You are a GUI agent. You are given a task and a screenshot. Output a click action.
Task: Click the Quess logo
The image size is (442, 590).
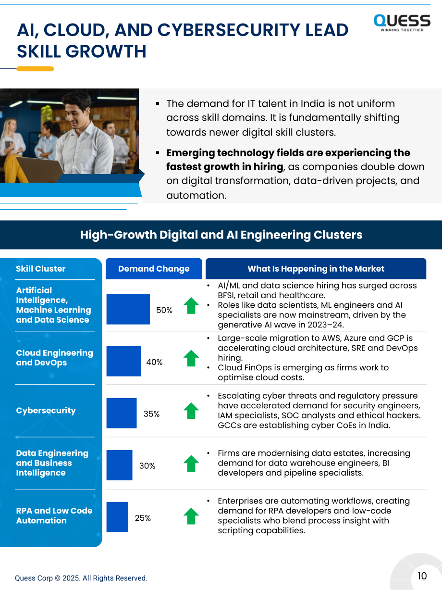pyautogui.click(x=402, y=23)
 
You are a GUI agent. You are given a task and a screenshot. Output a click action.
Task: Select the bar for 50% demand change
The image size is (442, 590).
pyautogui.click(x=128, y=309)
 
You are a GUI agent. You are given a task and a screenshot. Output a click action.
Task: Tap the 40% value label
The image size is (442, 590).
pyautogui.click(x=154, y=362)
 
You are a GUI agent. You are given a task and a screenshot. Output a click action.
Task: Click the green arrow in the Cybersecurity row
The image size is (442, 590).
pyautogui.click(x=191, y=411)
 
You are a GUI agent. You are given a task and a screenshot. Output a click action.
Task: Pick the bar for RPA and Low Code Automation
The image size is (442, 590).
pyautogui.click(x=117, y=517)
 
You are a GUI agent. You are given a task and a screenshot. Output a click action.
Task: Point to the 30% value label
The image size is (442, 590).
pyautogui.click(x=147, y=466)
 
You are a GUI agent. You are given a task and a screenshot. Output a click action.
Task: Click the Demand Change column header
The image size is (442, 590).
pyautogui.click(x=154, y=268)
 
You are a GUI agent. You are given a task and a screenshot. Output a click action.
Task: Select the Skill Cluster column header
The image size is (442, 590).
pyautogui.click(x=40, y=268)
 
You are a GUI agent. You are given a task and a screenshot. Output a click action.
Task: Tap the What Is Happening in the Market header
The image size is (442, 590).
pyautogui.click(x=316, y=268)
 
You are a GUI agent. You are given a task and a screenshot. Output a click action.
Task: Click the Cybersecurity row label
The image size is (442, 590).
pyautogui.click(x=46, y=411)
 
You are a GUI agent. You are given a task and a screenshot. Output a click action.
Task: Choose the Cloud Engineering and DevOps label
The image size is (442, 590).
pyautogui.click(x=54, y=357)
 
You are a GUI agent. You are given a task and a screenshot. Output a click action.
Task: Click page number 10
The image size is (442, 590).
pyautogui.click(x=422, y=576)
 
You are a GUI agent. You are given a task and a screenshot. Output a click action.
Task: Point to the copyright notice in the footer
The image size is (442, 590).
pyautogui.click(x=81, y=578)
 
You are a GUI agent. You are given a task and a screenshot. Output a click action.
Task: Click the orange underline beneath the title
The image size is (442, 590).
pyautogui.click(x=35, y=69)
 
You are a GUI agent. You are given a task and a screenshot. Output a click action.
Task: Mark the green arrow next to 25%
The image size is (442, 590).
pyautogui.click(x=191, y=516)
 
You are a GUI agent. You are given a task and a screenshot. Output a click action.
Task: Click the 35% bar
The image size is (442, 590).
pyautogui.click(x=122, y=413)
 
